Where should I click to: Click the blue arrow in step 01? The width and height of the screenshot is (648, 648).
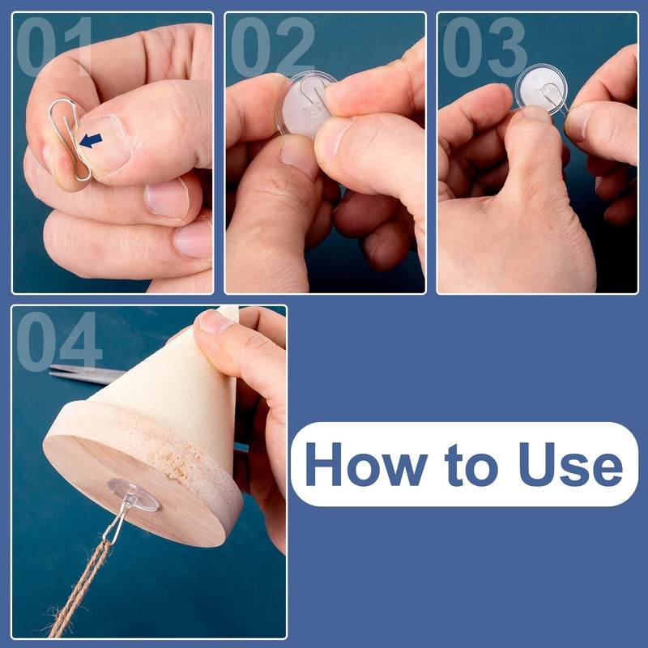point(91,140)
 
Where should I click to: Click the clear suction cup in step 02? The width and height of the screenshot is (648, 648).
point(306,105)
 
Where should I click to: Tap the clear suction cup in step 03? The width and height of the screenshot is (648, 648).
point(541,90)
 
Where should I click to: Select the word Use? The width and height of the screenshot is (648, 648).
point(571,464)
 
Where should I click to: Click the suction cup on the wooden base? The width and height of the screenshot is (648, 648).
point(133,495)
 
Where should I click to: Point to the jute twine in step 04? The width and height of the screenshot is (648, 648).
point(79,591)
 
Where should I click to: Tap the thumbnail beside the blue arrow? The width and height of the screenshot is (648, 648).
point(104,143)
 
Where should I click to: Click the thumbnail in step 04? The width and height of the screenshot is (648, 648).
point(215,322)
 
